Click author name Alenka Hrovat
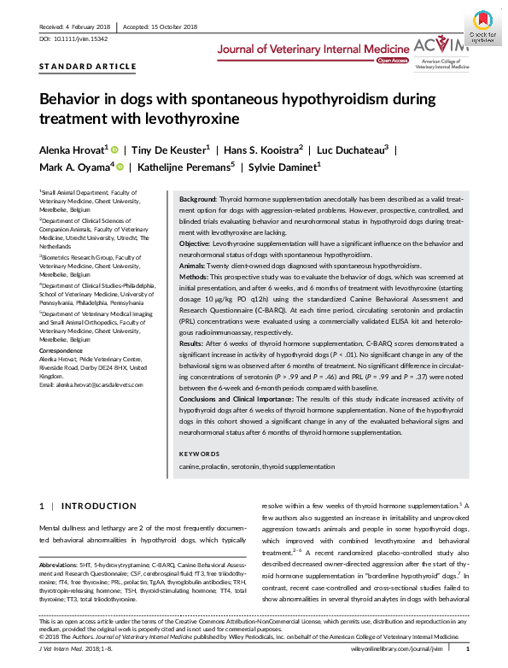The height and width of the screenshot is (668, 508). click(x=72, y=149)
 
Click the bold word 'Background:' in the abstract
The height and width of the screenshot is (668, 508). click(x=198, y=197)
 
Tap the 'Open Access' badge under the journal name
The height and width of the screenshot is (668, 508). click(x=393, y=62)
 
